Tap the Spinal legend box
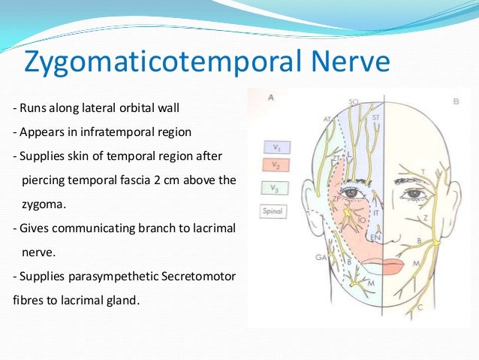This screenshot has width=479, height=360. [271, 212]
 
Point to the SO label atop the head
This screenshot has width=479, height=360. [354, 101]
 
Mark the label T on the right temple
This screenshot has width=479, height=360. [423, 172]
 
